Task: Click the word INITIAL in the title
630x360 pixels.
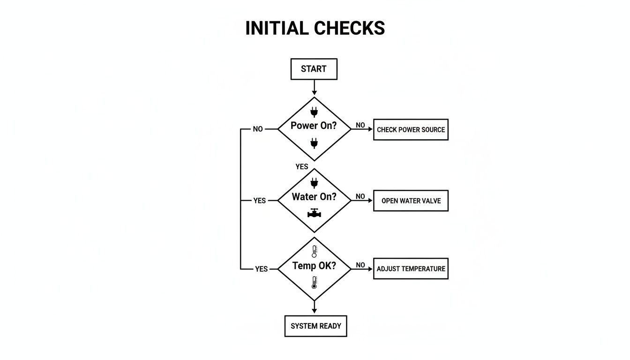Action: tap(278, 28)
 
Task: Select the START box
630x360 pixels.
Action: tap(314, 69)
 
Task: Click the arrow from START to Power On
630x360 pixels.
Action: tap(314, 88)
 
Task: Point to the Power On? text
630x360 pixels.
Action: tap(314, 126)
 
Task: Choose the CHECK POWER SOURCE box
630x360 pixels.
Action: tap(411, 130)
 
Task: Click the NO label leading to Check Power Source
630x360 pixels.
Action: tap(360, 125)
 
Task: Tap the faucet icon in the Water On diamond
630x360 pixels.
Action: tap(314, 213)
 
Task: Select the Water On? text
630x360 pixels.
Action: tap(314, 197)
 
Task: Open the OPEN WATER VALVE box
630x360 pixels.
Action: tap(411, 201)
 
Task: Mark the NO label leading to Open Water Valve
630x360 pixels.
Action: tap(360, 196)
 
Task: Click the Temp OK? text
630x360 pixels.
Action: tap(314, 266)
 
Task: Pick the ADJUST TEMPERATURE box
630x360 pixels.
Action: tap(411, 269)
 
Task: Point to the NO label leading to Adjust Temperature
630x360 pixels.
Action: tap(360, 265)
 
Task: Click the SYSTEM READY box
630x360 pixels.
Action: tap(315, 326)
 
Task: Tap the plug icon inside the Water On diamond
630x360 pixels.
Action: tap(314, 182)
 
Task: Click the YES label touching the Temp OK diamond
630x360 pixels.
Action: tap(261, 269)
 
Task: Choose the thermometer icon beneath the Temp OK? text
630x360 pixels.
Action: tap(314, 282)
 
